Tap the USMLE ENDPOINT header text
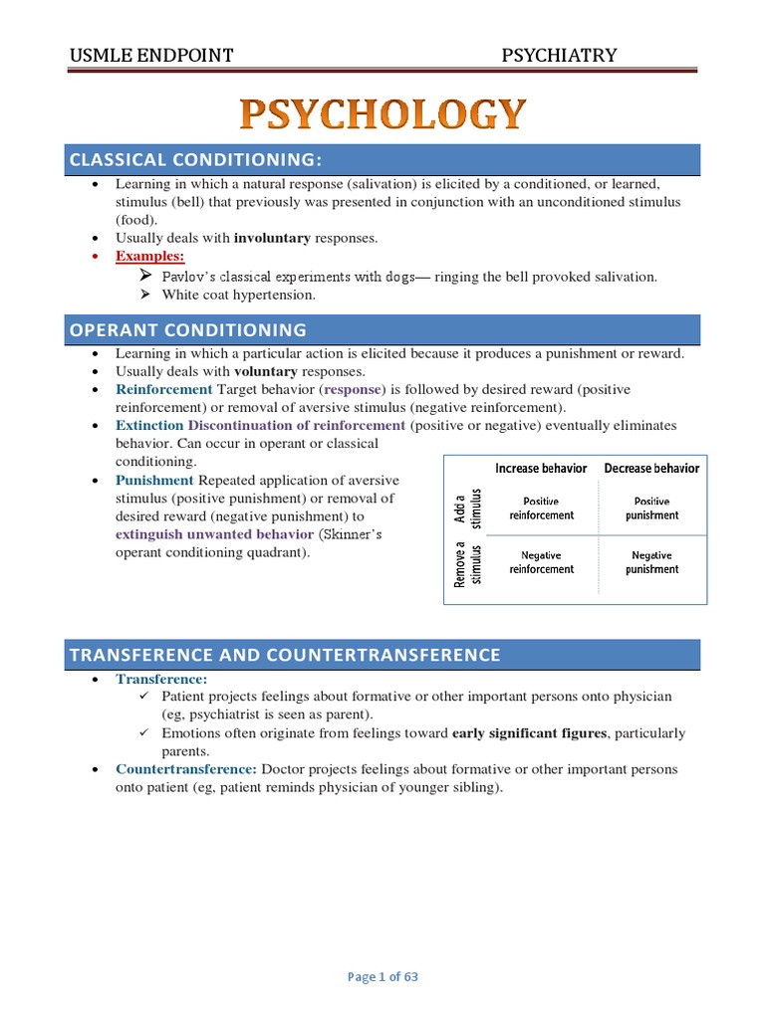click(151, 55)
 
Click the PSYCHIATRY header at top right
click(558, 55)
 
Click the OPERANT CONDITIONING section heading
click(187, 329)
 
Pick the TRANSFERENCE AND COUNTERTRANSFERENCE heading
click(284, 655)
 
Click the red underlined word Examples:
click(150, 257)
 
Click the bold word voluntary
click(266, 371)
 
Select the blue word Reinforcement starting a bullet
click(163, 389)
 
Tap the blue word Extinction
click(149, 425)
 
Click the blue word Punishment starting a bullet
click(154, 480)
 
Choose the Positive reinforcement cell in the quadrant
click(542, 509)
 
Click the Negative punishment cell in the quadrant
click(652, 562)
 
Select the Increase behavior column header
click(542, 468)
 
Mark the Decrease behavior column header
click(652, 468)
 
